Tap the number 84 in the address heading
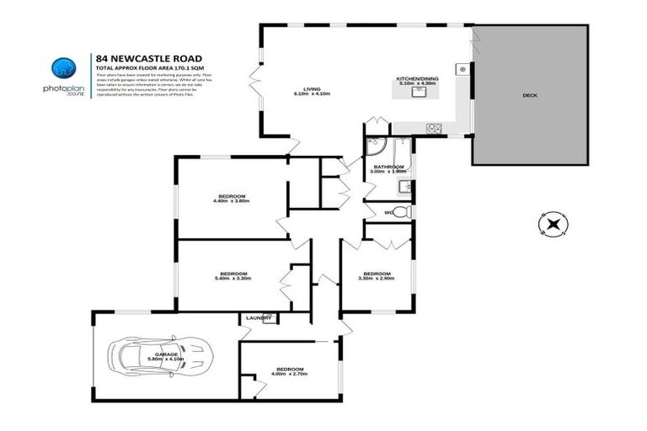[102, 57]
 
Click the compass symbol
[553, 224]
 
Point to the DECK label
[529, 96]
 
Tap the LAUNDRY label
[259, 318]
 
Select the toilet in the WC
[403, 210]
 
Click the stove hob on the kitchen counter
[434, 128]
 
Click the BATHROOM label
[389, 167]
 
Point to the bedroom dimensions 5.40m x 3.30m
[233, 278]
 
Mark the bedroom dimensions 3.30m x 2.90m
[377, 278]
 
